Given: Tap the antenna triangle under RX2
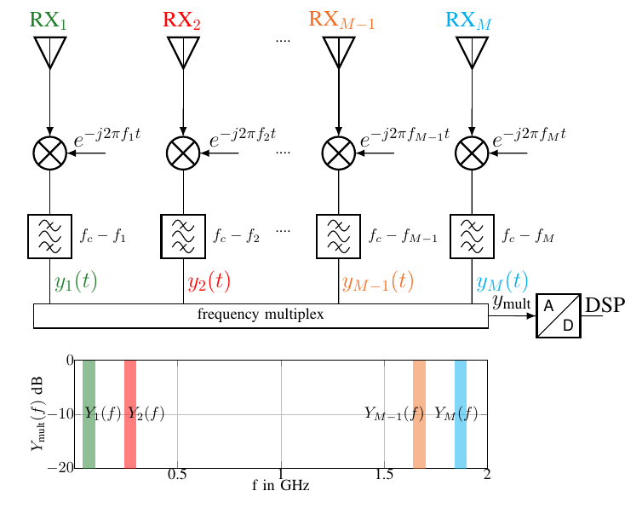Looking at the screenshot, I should (x=183, y=51).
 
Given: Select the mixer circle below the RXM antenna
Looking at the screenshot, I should (x=472, y=153).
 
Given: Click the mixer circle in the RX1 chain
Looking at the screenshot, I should (x=49, y=153).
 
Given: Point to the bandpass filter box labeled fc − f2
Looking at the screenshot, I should (x=183, y=235).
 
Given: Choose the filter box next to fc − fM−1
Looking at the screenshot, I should (x=339, y=235).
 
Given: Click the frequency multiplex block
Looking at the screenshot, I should (x=261, y=315).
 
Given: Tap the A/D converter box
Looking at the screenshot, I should (x=559, y=315).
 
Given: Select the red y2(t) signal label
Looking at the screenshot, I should (x=209, y=281).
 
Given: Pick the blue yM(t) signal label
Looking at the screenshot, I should (x=502, y=281).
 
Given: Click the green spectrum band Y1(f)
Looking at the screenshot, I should (x=89, y=413).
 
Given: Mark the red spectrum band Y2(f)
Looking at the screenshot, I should (x=130, y=413).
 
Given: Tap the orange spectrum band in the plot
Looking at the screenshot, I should (x=419, y=413).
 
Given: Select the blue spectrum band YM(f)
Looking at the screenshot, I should (x=461, y=413).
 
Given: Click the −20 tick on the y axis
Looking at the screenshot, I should (x=64, y=468).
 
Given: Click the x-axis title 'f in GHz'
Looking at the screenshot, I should (x=280, y=486).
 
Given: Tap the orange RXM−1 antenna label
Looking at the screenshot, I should (x=341, y=21).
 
